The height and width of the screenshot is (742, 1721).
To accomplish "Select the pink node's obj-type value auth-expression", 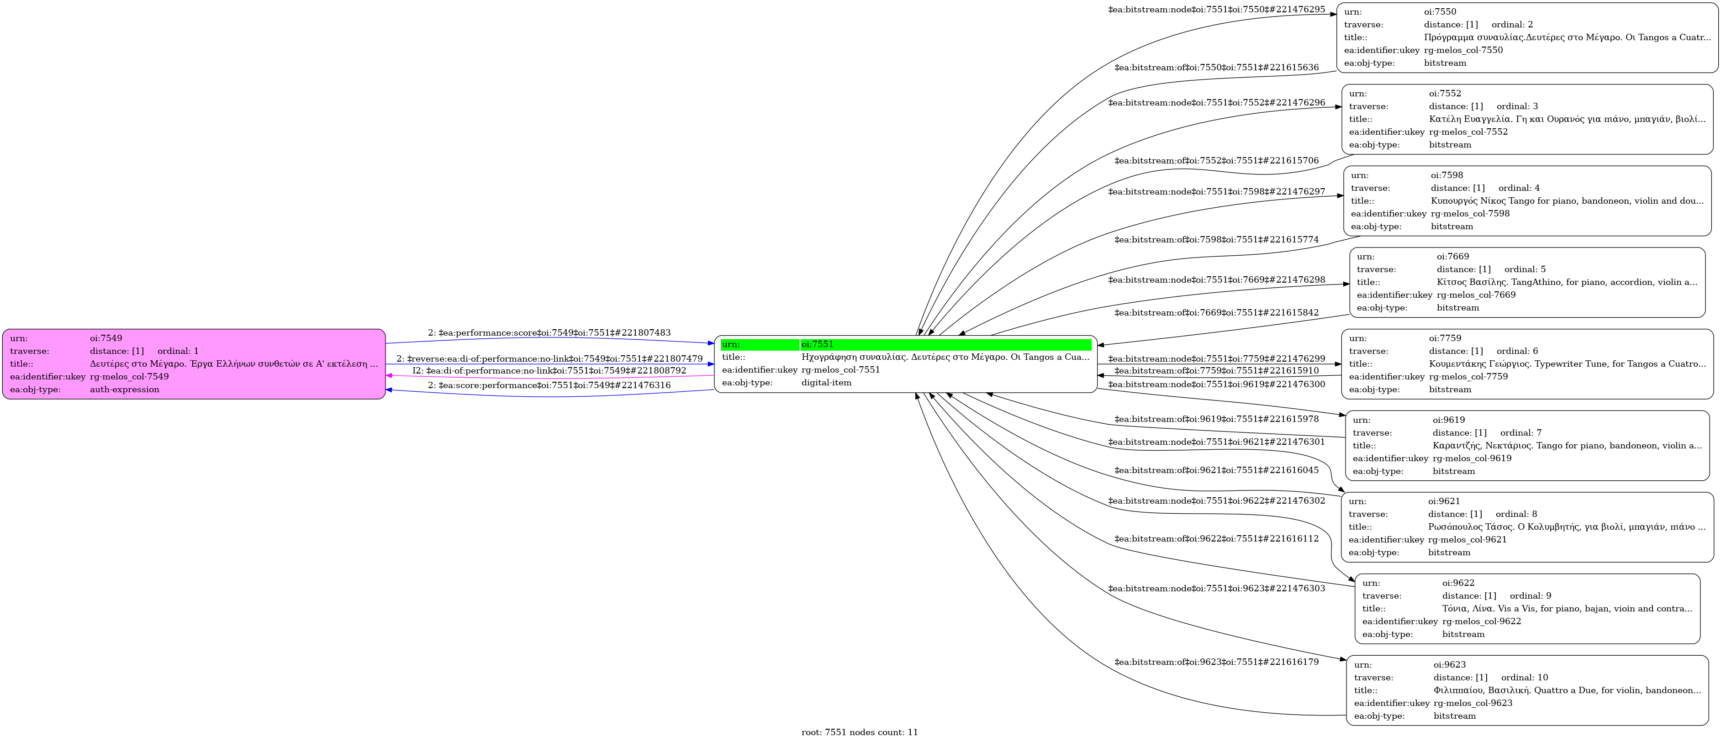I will coord(124,390).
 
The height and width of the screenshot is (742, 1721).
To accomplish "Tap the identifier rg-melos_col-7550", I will coord(1463,50).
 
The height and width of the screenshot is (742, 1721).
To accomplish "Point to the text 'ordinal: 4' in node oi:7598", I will coord(1519,188).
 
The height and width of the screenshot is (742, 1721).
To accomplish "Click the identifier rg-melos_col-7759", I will coord(1468,377).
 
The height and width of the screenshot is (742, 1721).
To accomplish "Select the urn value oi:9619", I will coord(1448,420).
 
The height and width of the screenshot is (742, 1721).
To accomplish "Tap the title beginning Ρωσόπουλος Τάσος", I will coord(1566,527).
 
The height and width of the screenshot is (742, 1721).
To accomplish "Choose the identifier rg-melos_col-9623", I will coord(1473,703).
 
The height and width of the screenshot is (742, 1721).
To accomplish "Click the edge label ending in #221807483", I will coord(549,332).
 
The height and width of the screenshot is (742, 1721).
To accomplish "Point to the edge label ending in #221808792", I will coord(549,371).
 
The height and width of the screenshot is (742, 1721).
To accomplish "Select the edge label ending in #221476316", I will coord(549,385).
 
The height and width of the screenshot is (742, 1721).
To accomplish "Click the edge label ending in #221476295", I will coord(1216,9).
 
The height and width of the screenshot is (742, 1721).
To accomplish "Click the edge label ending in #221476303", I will coord(1216,589).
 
